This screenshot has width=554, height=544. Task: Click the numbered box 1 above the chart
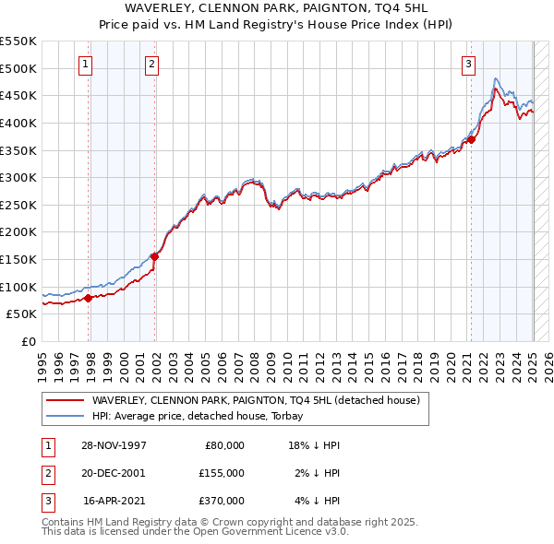(x=85, y=64)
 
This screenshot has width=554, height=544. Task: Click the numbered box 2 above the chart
(x=151, y=64)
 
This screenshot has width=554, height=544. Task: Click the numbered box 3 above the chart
(x=469, y=64)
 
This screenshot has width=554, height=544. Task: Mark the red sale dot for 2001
(x=154, y=256)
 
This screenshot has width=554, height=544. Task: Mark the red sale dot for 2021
(x=471, y=139)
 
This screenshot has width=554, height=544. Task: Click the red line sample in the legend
(x=65, y=400)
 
